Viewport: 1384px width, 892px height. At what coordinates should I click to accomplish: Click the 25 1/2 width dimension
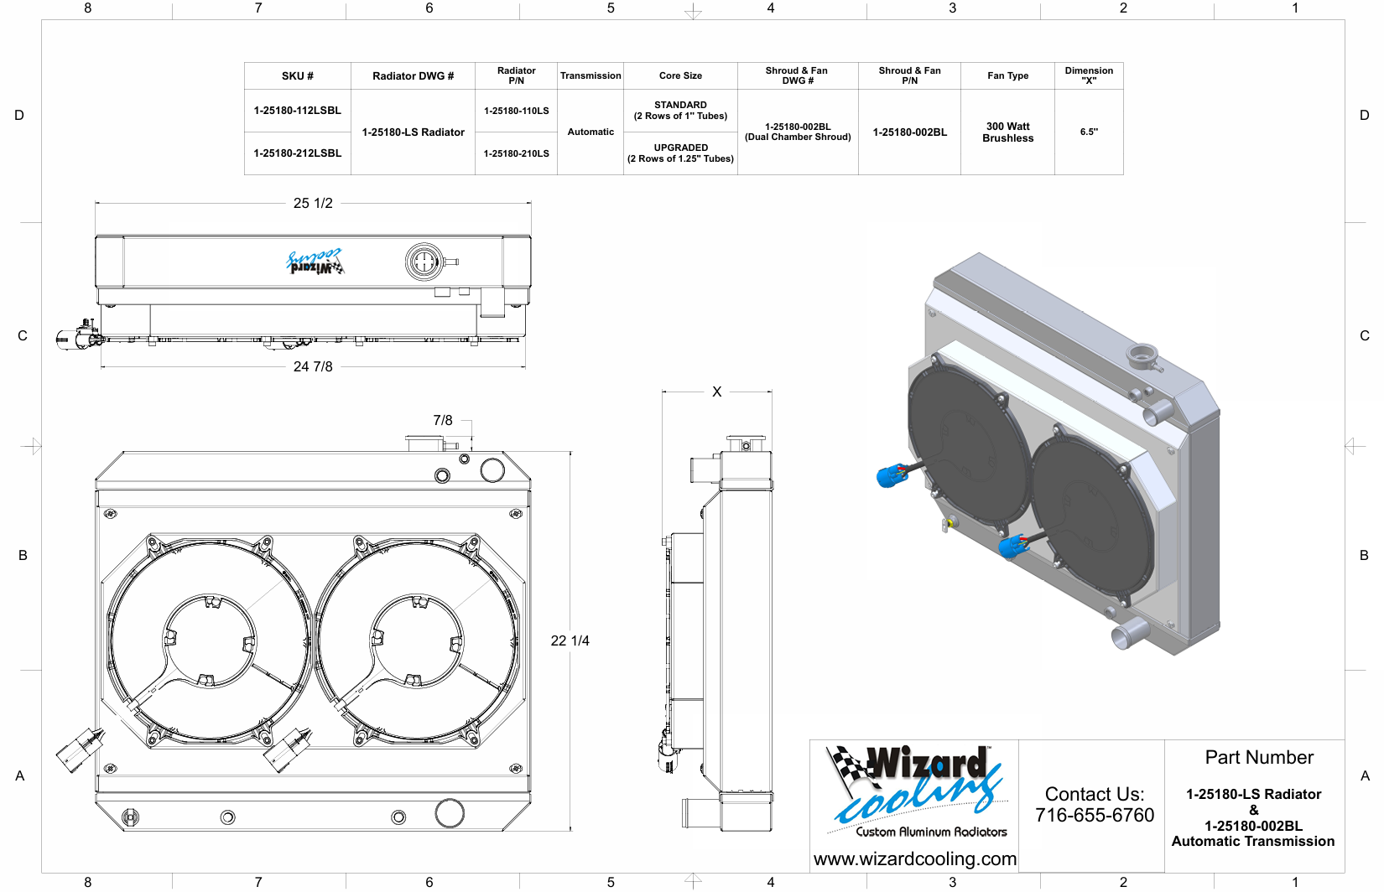313,203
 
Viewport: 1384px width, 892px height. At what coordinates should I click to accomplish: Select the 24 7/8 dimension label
313,367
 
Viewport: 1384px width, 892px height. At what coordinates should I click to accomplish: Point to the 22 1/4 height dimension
570,641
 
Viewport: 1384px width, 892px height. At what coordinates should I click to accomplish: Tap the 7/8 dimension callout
442,421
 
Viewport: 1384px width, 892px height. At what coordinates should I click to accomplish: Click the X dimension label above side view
716,392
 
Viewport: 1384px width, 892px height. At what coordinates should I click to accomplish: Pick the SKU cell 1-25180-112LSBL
297,111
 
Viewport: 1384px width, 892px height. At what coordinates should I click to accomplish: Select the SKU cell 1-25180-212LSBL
297,153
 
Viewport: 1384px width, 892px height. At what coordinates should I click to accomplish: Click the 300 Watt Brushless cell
1007,132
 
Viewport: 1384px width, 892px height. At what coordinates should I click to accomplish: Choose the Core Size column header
680,76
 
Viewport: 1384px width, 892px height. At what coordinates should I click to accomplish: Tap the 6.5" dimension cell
1089,132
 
